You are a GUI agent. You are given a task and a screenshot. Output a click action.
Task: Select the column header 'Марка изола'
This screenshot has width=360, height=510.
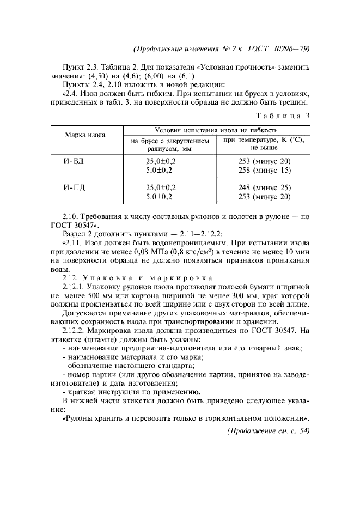click(x=86, y=135)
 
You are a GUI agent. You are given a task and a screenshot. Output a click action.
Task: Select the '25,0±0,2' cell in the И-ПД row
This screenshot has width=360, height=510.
click(x=161, y=188)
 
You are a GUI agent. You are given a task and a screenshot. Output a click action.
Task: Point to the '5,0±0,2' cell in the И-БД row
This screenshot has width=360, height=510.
click(x=161, y=171)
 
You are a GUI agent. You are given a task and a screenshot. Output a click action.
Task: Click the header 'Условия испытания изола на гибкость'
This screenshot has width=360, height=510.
click(x=216, y=131)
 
